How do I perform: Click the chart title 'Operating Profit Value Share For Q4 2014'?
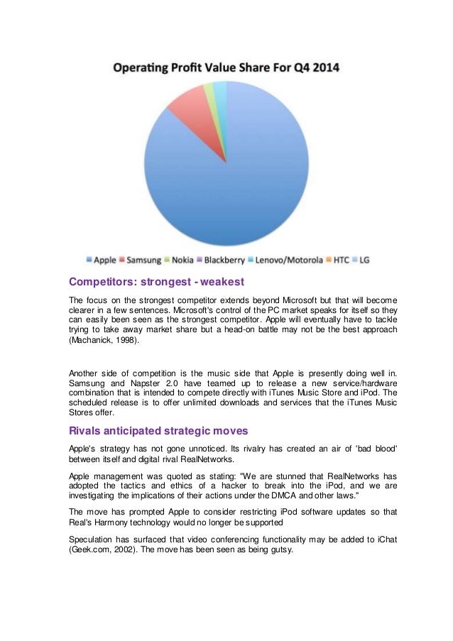click(226, 69)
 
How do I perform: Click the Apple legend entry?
click(102, 261)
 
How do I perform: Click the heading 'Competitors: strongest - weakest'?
click(156, 282)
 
